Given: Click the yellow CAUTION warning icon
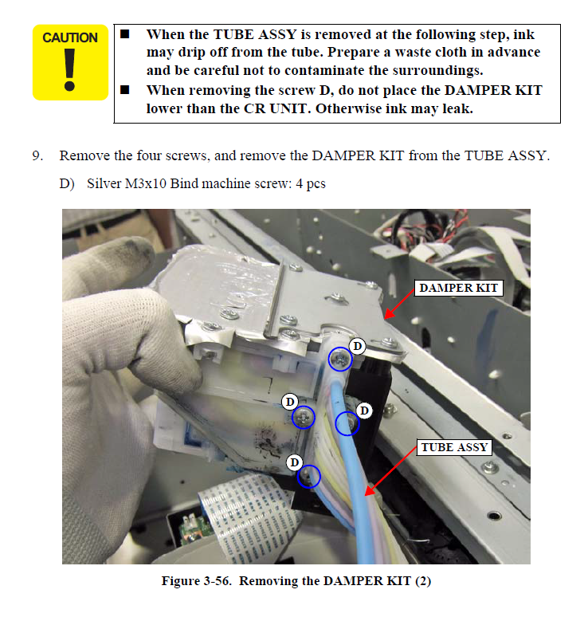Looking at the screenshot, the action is point(70,62).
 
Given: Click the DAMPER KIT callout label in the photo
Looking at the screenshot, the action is point(459,288).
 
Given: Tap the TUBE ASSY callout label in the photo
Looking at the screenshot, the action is point(454,447).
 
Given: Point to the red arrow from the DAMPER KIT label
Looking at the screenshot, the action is point(399,305).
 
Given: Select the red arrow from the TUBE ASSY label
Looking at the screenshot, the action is point(390,471).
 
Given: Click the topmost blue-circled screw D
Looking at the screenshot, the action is point(340,359).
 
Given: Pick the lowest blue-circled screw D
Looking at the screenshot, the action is point(309,477).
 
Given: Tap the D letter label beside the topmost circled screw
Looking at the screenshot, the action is point(357,346).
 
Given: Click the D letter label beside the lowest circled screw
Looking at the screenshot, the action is point(295,462).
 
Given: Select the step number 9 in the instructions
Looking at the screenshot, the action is point(37,155).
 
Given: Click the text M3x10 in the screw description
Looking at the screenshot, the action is point(146,184).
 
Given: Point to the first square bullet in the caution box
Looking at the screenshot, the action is point(124,34).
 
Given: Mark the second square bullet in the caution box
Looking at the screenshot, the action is point(124,90).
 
